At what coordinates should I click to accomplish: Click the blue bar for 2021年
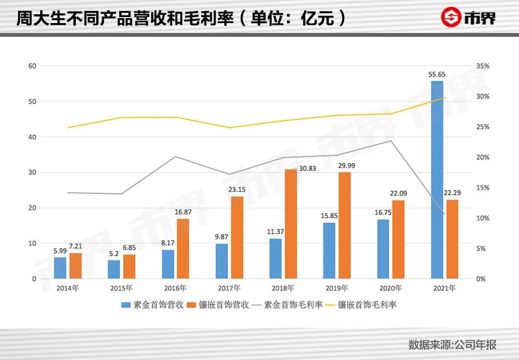437,180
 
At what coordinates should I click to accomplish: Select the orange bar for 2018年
291,224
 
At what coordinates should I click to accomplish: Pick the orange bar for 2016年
183,249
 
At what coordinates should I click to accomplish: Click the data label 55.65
437,74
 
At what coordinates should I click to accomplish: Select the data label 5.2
114,254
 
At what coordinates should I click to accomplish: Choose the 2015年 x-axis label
122,288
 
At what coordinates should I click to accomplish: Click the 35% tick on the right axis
482,66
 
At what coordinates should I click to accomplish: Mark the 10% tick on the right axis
482,218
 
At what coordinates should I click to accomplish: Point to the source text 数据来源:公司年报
452,345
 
